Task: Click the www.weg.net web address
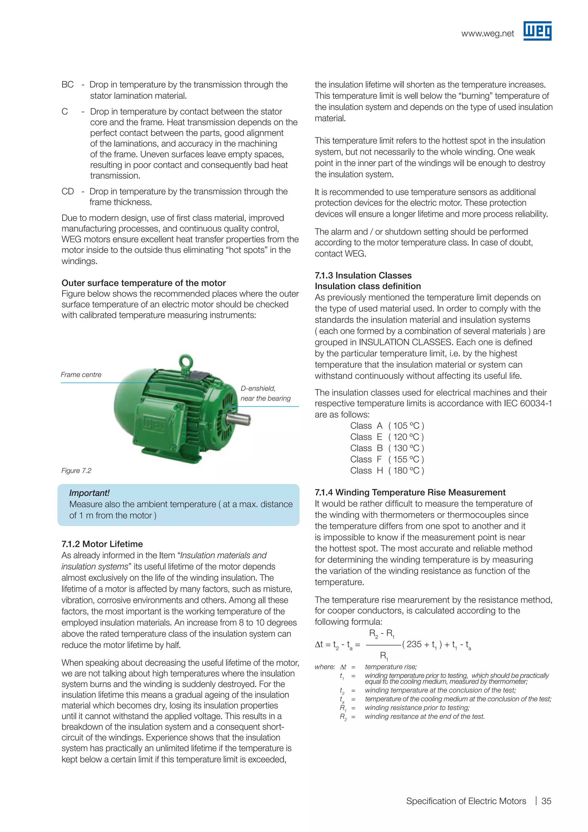pos(487,34)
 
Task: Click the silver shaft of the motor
pos(239,419)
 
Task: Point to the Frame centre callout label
pos(81,375)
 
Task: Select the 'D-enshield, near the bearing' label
pos(265,394)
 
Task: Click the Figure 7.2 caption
pos(76,471)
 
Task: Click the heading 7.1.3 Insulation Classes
pos(363,276)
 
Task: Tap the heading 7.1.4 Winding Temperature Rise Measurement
pos(410,492)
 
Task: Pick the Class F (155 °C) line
pos(387,459)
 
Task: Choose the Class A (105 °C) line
pos(387,426)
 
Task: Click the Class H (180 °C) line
pos(387,471)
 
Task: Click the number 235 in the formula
pos(414,644)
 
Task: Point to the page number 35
pos(546,801)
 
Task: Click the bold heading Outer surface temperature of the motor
pos(143,283)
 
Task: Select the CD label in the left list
pos(68,191)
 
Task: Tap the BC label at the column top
pos(68,84)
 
